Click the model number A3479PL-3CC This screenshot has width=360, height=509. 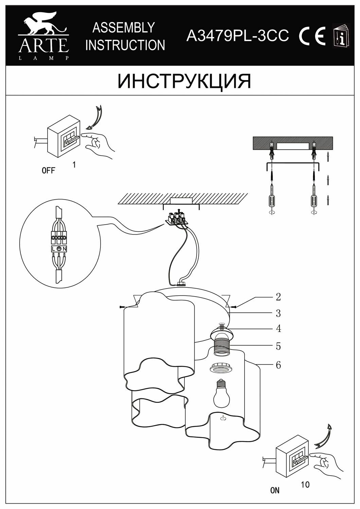[x=238, y=35]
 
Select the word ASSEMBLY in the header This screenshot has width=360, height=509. [x=124, y=28]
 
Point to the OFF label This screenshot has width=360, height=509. [x=48, y=171]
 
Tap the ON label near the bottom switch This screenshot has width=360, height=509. [x=275, y=490]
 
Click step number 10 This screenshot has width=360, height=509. [x=305, y=485]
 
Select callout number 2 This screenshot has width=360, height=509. [x=278, y=297]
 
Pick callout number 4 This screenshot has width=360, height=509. [x=278, y=328]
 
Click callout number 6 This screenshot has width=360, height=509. [x=278, y=365]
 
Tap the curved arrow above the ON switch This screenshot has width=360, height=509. [x=324, y=436]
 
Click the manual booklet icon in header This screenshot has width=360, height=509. [x=340, y=36]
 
